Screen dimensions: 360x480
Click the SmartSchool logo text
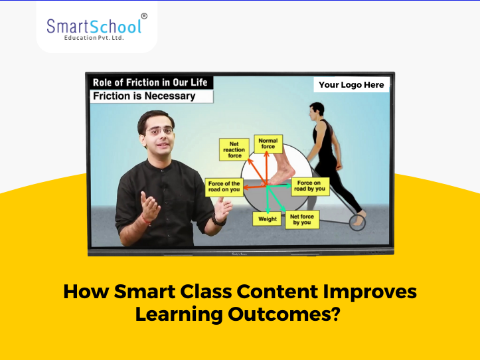pos(93,26)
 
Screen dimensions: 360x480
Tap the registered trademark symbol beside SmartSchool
pos(144,15)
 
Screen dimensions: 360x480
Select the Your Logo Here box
pos(351,85)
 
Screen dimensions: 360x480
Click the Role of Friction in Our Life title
pos(150,82)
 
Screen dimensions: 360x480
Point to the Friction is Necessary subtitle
pos(144,96)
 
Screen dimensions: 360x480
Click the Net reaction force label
pos(233,150)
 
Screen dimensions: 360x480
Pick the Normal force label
pos(268,143)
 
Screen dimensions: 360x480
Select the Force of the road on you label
pos(224,187)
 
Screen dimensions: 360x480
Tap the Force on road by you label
pos(311,186)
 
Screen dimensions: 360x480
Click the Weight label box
pos(268,219)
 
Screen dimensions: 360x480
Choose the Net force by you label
pos(302,219)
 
